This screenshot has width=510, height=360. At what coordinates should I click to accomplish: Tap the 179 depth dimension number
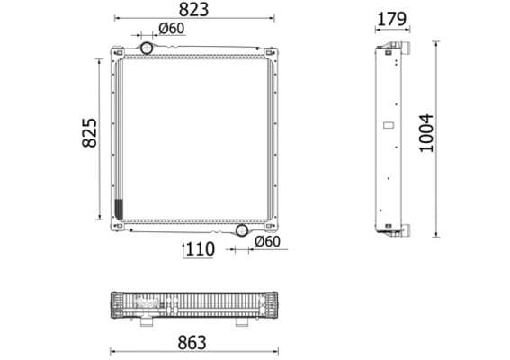(390, 17)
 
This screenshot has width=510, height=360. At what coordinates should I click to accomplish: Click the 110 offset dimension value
(199, 248)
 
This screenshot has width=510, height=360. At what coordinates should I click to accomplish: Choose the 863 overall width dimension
(192, 342)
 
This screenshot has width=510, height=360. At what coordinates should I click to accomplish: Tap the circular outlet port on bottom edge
(241, 230)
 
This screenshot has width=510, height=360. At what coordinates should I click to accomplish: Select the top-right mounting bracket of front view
(271, 52)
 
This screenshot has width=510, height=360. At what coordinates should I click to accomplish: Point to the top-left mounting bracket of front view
(115, 52)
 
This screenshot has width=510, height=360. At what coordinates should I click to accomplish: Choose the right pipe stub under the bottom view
(242, 322)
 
